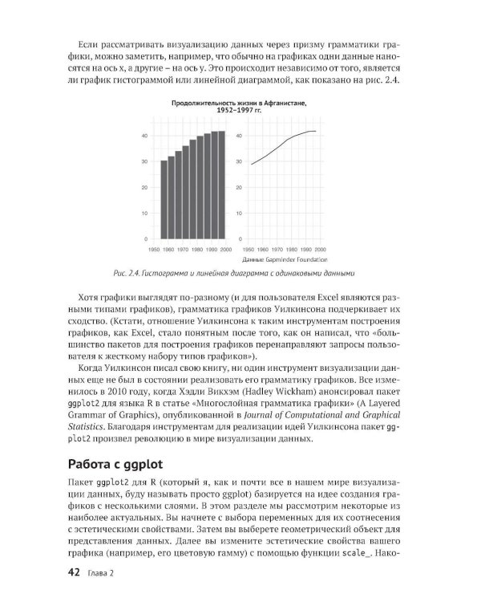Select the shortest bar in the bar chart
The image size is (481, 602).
[x=164, y=199]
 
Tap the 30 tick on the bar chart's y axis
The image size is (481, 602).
[x=144, y=161]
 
